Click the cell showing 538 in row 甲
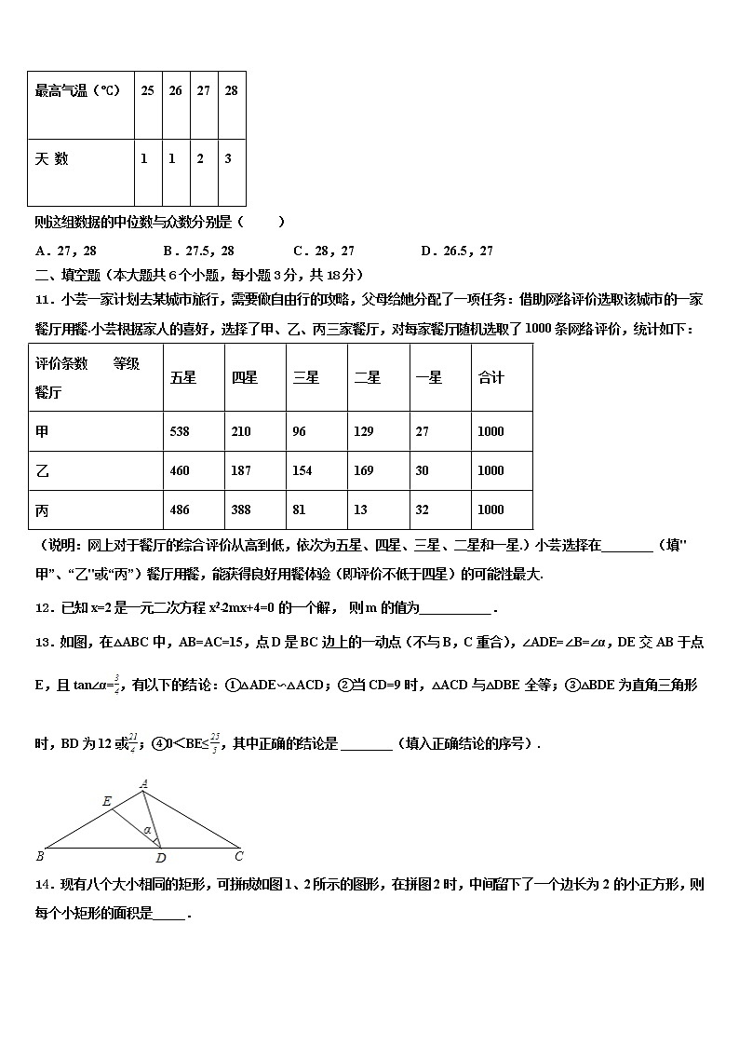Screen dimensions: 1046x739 180,431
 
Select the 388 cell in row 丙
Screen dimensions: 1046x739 241,509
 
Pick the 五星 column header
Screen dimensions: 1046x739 183,377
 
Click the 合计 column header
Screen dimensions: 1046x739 490,377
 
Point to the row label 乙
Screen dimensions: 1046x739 42,470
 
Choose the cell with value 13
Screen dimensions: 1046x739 360,509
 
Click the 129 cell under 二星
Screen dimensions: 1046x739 363,431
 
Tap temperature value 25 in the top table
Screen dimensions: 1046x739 147,91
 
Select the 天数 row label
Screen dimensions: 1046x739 52,159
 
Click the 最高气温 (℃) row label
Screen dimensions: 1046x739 77,91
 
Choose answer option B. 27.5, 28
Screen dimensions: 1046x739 197,251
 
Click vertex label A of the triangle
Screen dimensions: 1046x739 144,784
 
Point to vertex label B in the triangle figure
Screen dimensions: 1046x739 38,855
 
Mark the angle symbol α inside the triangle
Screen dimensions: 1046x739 147,829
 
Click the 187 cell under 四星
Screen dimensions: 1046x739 241,470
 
